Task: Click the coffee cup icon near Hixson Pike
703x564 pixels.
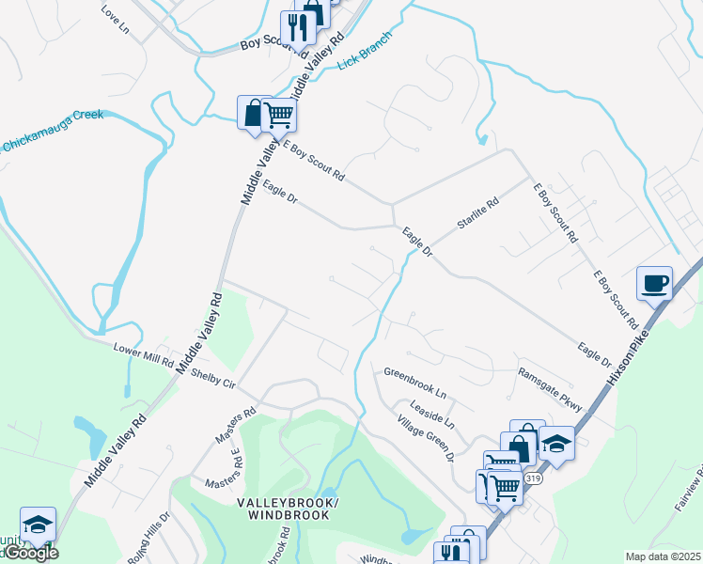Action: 654,282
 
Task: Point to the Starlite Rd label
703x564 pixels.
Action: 477,213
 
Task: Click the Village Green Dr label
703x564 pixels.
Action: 425,438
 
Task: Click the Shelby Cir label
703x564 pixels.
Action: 211,379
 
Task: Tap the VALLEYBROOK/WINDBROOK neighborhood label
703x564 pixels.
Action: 283,509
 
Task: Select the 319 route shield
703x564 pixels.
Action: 534,478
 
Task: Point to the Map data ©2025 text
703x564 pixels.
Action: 663,556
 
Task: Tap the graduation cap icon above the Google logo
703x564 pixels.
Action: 38,525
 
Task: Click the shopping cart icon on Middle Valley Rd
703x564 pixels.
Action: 278,116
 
